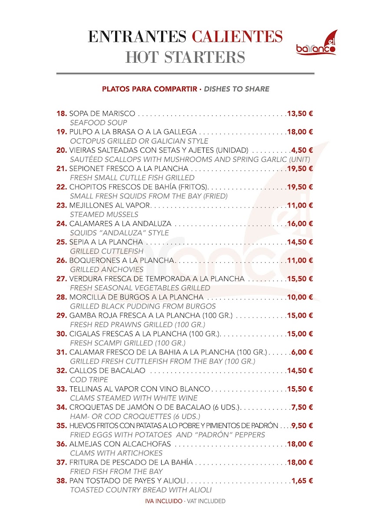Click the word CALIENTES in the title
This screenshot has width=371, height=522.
tap(237, 36)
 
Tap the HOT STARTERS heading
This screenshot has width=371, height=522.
tap(185, 57)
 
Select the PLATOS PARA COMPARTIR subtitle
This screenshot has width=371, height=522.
tap(149, 89)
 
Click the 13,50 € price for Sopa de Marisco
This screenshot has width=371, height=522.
tap(300, 114)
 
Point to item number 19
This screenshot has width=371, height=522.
tap(62, 132)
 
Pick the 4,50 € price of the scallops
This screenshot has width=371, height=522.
tap(302, 150)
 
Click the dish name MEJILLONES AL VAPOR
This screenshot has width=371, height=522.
tap(109, 205)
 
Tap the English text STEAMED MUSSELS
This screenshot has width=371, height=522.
tap(104, 214)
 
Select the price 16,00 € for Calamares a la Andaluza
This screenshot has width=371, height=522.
tap(300, 224)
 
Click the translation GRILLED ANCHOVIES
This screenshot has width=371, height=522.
tap(106, 270)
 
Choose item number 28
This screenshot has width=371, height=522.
tap(62, 297)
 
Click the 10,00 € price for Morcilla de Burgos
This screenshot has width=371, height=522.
tap(300, 297)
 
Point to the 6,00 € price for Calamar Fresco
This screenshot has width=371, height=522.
tap(302, 352)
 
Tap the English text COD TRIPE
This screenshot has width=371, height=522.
tap(89, 380)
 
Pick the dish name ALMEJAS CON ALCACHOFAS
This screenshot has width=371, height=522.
tap(120, 444)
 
